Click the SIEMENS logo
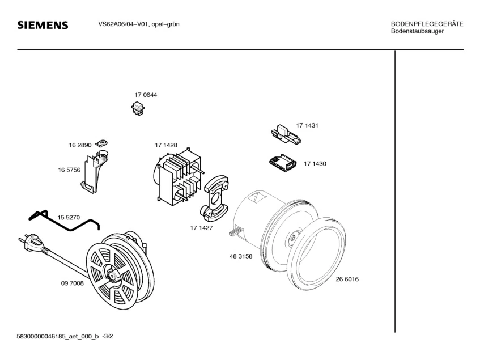click(x=43, y=26)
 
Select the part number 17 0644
click(x=146, y=95)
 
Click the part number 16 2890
click(x=80, y=145)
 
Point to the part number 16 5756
click(x=69, y=170)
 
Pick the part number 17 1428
click(x=166, y=145)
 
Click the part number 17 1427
click(x=201, y=227)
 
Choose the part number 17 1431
click(x=307, y=125)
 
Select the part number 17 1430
click(x=315, y=163)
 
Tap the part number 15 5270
click(x=69, y=217)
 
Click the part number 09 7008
click(x=72, y=283)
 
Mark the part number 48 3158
click(x=241, y=256)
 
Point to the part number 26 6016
click(x=347, y=279)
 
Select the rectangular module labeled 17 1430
click(x=283, y=163)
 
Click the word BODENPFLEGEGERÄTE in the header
click(x=427, y=24)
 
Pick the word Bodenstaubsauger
click(x=417, y=31)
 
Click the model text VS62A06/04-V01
click(x=119, y=24)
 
